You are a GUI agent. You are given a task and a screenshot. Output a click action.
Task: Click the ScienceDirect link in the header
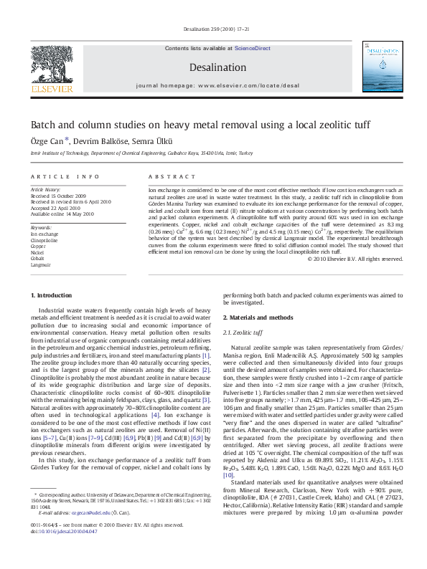tap(252, 47)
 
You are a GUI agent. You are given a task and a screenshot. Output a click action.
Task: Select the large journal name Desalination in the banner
tap(213, 67)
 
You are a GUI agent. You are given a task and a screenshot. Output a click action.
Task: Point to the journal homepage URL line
tap(213, 85)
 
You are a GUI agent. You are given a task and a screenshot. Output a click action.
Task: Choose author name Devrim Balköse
tap(96, 141)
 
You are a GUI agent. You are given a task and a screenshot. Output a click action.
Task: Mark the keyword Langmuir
tap(40, 264)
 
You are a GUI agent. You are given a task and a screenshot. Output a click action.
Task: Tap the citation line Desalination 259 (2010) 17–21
tap(213, 29)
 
